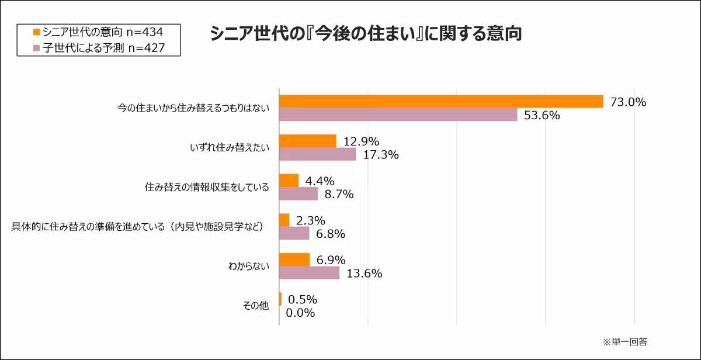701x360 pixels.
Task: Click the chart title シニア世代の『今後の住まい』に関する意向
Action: tap(365, 33)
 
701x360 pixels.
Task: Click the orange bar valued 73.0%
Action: tap(441, 102)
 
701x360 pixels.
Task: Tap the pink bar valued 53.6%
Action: tap(398, 115)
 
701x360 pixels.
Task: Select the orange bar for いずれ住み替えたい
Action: tap(308, 141)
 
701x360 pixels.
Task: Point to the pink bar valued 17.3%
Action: tap(318, 154)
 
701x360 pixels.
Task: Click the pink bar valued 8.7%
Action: tap(299, 193)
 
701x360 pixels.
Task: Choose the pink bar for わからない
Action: tap(310, 273)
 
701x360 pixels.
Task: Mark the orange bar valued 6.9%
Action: tap(294, 259)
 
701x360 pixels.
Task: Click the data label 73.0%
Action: tap(628, 102)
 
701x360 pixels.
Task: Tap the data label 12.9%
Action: tap(362, 141)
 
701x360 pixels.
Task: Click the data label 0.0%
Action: tap(300, 313)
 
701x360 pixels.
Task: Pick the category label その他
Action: tap(256, 306)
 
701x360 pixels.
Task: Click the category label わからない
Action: tap(249, 266)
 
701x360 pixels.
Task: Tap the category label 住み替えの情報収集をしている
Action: tap(207, 187)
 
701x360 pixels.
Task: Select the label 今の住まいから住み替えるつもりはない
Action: tap(193, 108)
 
